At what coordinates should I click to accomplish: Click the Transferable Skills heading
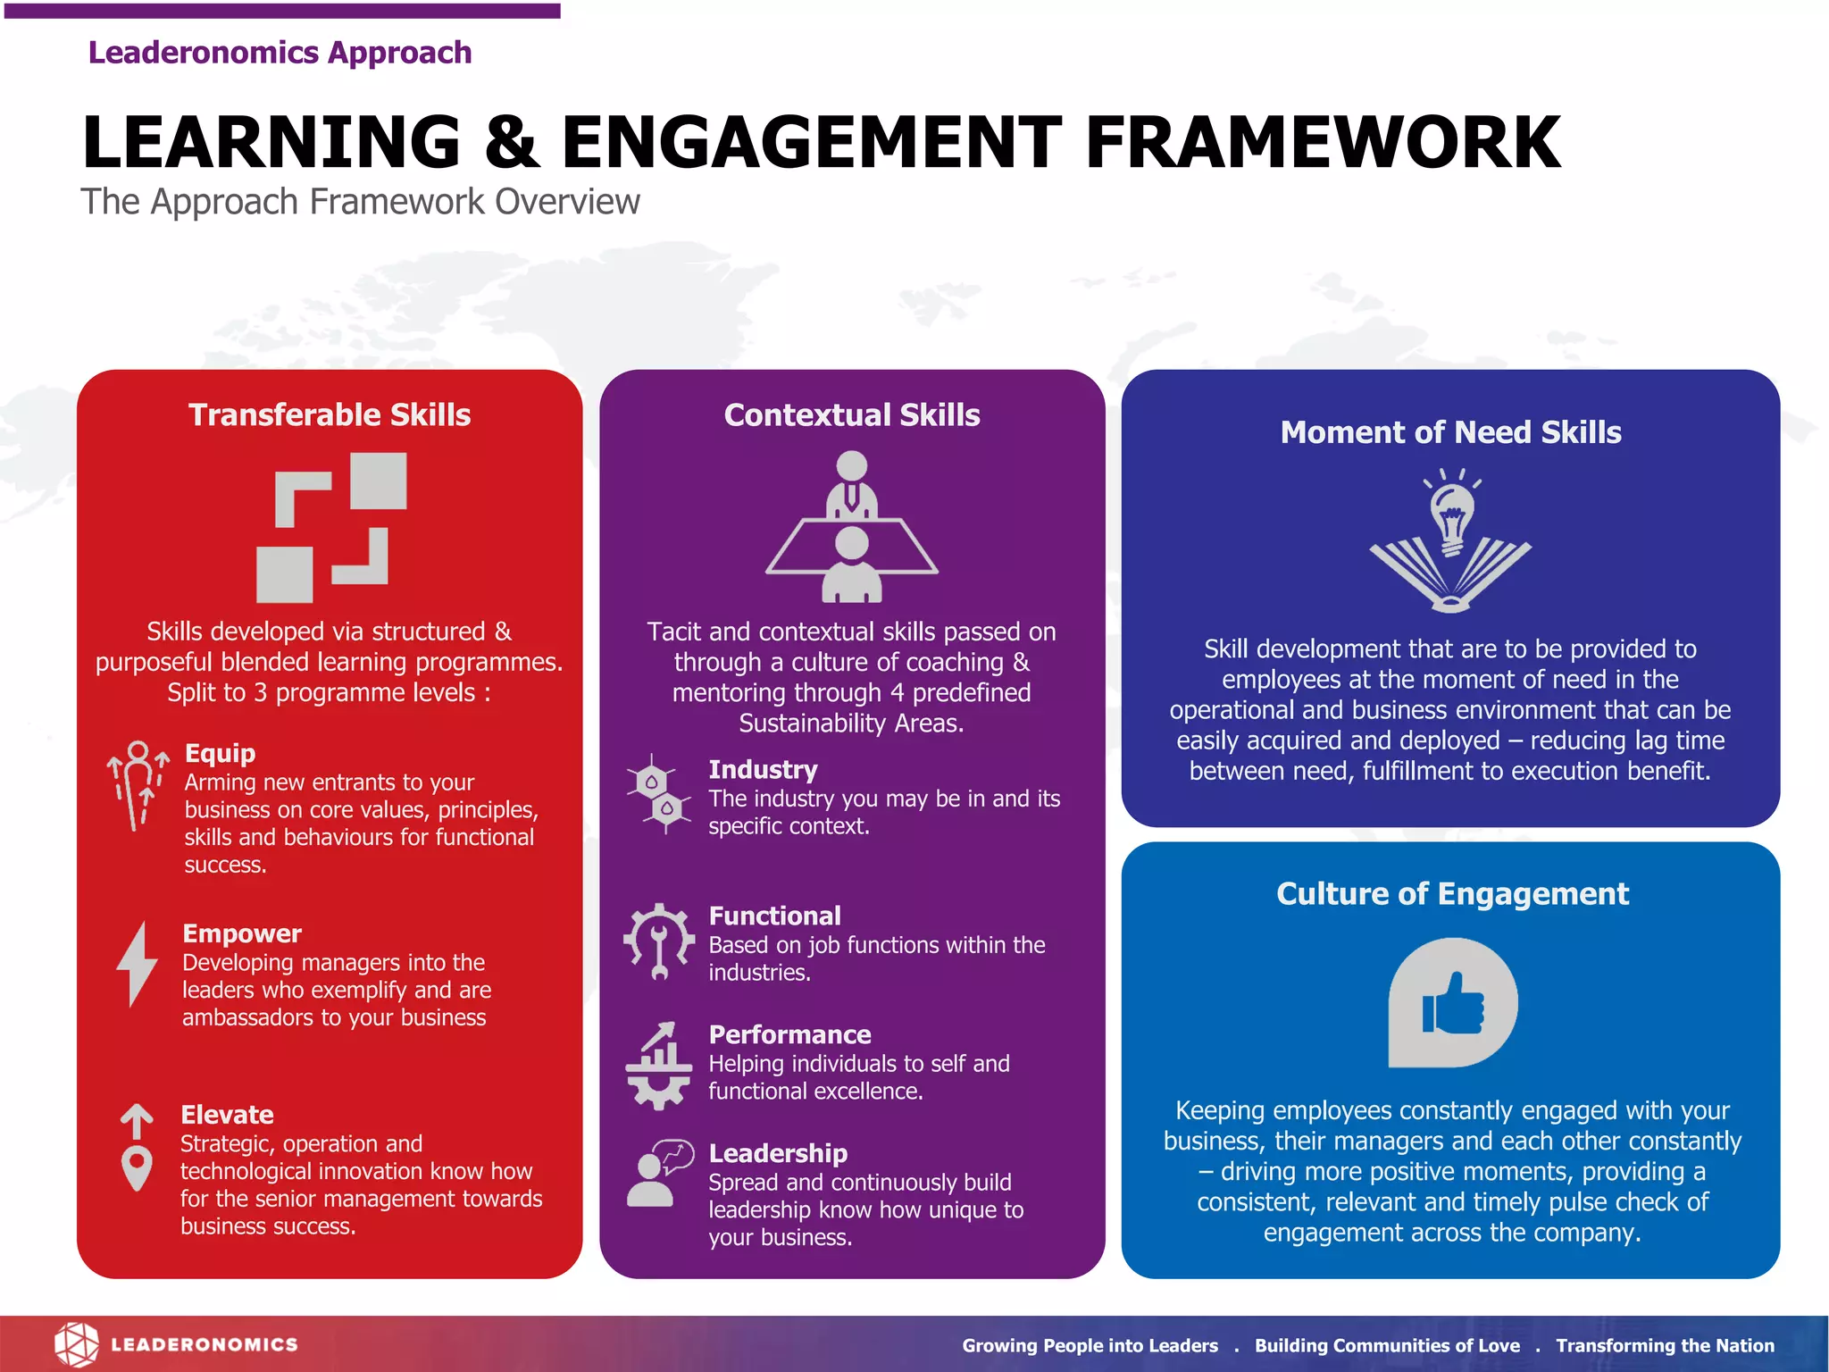tap(330, 415)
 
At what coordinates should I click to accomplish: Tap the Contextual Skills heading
tap(852, 415)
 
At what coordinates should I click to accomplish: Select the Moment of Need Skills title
tap(1450, 432)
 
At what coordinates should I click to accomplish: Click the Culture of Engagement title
tap(1452, 894)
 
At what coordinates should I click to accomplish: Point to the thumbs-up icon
tap(1453, 1003)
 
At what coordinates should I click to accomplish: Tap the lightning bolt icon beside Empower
tap(138, 965)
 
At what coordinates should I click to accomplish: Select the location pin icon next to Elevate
tap(137, 1161)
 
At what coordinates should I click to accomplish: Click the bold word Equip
tap(220, 753)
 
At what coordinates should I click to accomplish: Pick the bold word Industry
tap(763, 769)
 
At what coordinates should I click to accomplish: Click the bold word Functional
tap(774, 916)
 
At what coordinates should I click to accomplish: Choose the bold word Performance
tap(789, 1034)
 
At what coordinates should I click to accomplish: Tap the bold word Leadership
tap(778, 1153)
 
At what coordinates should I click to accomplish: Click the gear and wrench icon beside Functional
tap(659, 942)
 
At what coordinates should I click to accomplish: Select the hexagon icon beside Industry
tap(659, 794)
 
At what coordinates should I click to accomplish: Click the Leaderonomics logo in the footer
tap(176, 1344)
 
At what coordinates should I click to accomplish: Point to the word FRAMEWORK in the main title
tap(1323, 143)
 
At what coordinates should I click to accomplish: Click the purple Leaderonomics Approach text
tap(280, 53)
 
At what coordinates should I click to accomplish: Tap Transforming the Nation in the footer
tap(1665, 1345)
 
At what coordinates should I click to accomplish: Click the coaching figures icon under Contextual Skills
tap(852, 527)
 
